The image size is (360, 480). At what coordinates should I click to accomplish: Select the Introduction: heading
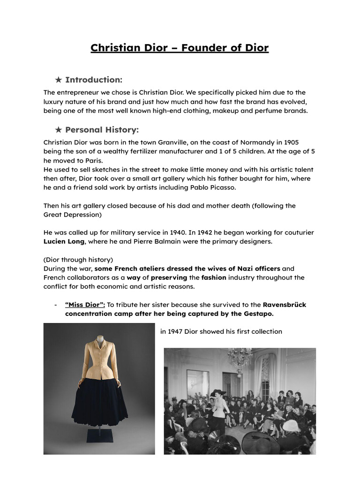93,80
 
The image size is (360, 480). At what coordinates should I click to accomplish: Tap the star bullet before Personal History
58,130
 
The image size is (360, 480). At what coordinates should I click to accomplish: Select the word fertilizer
144,151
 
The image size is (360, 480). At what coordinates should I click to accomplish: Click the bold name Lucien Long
64,241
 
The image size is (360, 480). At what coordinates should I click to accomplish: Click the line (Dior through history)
78,260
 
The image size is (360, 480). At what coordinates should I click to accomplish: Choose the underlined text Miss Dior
85,305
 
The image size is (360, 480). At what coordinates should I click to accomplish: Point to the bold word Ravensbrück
284,305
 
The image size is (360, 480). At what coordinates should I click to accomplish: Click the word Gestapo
256,314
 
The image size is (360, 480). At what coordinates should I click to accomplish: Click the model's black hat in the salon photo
218,393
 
